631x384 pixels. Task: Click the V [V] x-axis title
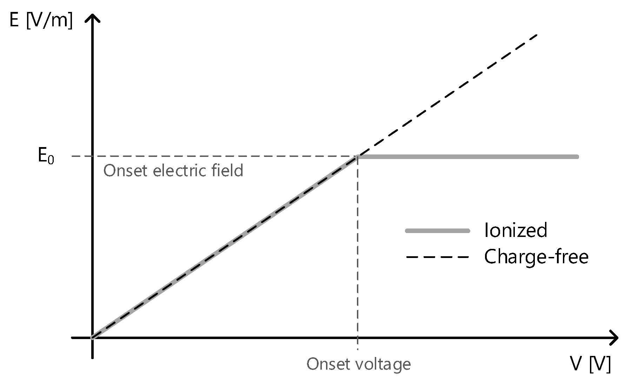click(590, 364)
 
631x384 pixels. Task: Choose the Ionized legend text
click(515, 230)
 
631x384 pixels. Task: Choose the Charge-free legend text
click(536, 257)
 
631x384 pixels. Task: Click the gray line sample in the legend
click(437, 231)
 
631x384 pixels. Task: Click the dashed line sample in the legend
click(437, 257)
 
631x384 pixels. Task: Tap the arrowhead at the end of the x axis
click(615, 338)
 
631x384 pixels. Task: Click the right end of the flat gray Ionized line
click(577, 157)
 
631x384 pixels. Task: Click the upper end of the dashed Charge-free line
click(537, 35)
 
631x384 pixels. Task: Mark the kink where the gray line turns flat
click(358, 157)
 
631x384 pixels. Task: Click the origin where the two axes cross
click(92, 338)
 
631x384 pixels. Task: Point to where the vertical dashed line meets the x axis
click(357, 338)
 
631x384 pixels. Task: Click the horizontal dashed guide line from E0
click(211, 156)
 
